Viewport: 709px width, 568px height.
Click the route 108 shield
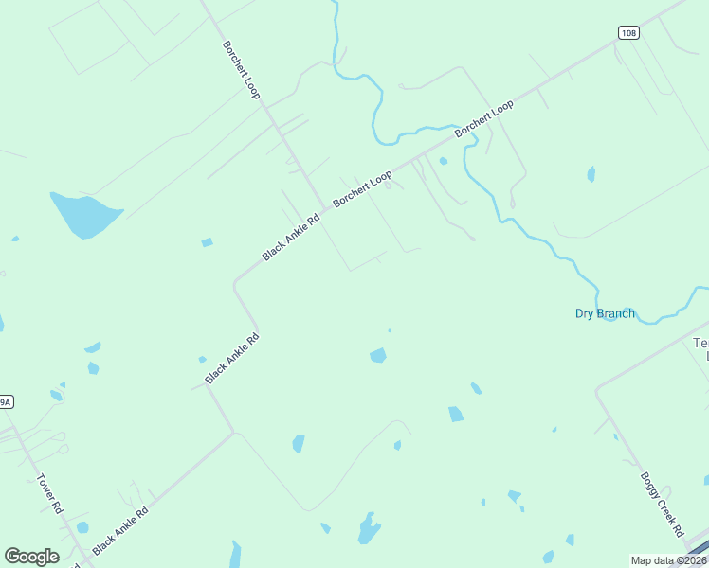pyautogui.click(x=627, y=32)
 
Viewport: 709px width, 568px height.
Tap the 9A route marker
pyautogui.click(x=5, y=402)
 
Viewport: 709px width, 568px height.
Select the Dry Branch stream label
pyautogui.click(x=605, y=313)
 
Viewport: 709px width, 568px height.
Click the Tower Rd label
pyautogui.click(x=49, y=493)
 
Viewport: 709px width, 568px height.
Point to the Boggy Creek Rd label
pyautogui.click(x=661, y=499)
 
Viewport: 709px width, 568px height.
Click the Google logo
pyautogui.click(x=31, y=557)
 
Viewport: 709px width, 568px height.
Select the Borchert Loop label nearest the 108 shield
pyautogui.click(x=484, y=118)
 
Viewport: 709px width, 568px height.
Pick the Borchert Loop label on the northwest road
pyautogui.click(x=242, y=69)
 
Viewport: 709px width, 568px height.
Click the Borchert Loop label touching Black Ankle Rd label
pyautogui.click(x=362, y=189)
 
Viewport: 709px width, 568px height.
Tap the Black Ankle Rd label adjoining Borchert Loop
pyautogui.click(x=292, y=238)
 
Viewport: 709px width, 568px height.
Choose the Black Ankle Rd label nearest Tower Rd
pyautogui.click(x=120, y=530)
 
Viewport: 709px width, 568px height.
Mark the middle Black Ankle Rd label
pyautogui.click(x=232, y=358)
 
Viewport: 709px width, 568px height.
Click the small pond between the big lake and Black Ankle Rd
pyautogui.click(x=207, y=242)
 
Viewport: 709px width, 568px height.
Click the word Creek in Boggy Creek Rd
pyautogui.click(x=662, y=500)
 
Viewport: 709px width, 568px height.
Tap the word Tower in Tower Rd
pyautogui.click(x=45, y=486)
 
